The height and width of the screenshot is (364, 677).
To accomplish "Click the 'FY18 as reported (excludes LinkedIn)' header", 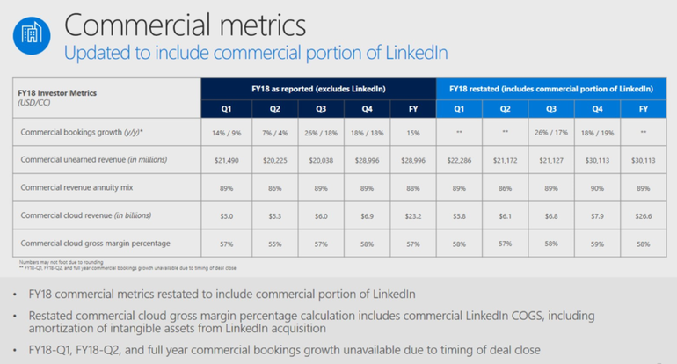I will click(x=318, y=89).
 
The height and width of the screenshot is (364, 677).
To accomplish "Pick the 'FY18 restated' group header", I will click(x=551, y=89).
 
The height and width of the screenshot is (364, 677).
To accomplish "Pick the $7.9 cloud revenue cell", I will click(x=599, y=215).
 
